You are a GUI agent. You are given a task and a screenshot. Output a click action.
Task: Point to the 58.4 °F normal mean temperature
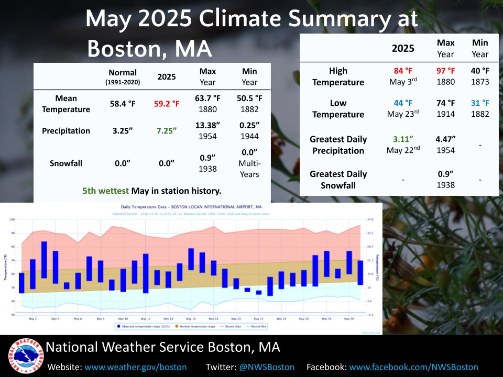122,104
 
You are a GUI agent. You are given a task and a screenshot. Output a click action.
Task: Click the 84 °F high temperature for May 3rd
404,71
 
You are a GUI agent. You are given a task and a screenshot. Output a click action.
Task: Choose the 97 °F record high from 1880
445,71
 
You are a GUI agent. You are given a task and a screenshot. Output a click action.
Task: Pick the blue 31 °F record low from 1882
480,103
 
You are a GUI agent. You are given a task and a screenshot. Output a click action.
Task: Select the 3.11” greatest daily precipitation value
404,139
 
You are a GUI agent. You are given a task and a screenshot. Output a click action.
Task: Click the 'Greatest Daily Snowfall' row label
338,179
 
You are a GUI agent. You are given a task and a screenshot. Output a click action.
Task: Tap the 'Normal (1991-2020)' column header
122,76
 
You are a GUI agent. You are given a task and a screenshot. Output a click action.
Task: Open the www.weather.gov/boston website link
136,367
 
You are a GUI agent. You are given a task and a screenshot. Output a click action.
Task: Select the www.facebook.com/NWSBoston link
413,367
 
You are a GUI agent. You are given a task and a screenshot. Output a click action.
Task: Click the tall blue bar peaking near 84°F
44,260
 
